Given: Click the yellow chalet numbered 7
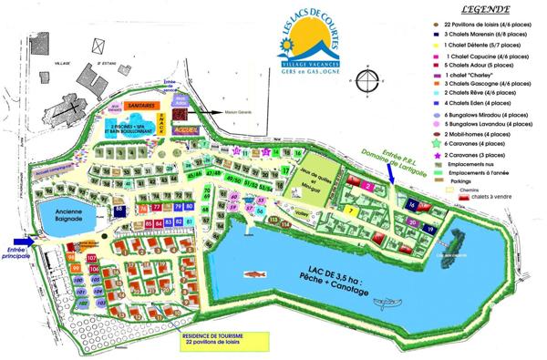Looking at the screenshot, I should [352, 211].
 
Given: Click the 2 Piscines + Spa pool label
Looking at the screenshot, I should [133, 129].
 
